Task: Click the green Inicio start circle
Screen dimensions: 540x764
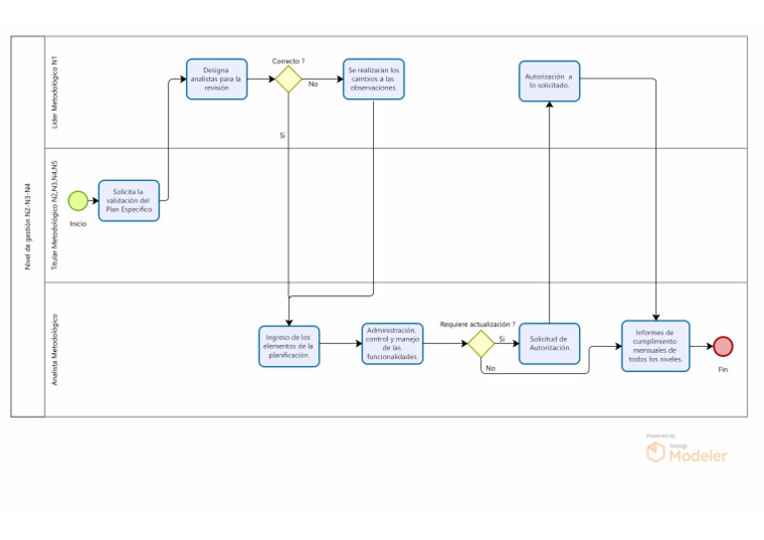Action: point(78,201)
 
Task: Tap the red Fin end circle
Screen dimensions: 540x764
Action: point(723,346)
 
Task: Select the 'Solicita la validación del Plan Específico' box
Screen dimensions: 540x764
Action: point(128,200)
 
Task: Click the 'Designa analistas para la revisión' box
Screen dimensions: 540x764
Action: point(216,79)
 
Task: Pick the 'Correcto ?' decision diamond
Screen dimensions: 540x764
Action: point(288,79)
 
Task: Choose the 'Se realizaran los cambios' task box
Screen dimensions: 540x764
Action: point(374,79)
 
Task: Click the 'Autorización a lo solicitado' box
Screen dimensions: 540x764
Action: point(549,81)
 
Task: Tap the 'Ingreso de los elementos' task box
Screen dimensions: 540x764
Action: point(289,346)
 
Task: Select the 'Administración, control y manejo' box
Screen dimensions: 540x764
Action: point(392,344)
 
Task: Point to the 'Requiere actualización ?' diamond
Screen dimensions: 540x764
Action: point(480,344)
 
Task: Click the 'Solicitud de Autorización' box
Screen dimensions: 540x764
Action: point(549,344)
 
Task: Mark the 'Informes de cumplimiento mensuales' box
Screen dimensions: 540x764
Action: point(655,346)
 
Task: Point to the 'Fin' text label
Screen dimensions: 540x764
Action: point(723,369)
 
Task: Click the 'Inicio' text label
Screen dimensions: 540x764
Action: point(78,224)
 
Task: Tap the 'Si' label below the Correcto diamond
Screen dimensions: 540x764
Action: point(283,134)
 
